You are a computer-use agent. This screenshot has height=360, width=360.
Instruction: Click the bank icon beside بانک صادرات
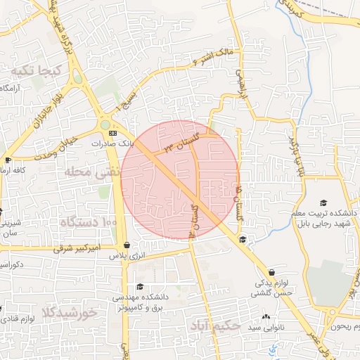(112, 132)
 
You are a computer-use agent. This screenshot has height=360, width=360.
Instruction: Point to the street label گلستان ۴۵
(241, 202)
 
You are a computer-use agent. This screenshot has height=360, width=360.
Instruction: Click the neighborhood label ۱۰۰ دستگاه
(89, 223)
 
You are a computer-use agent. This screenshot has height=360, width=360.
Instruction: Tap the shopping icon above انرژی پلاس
(126, 245)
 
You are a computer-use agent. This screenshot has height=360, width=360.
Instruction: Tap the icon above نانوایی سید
(265, 318)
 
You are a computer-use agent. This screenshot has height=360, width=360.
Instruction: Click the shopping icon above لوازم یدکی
(271, 272)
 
